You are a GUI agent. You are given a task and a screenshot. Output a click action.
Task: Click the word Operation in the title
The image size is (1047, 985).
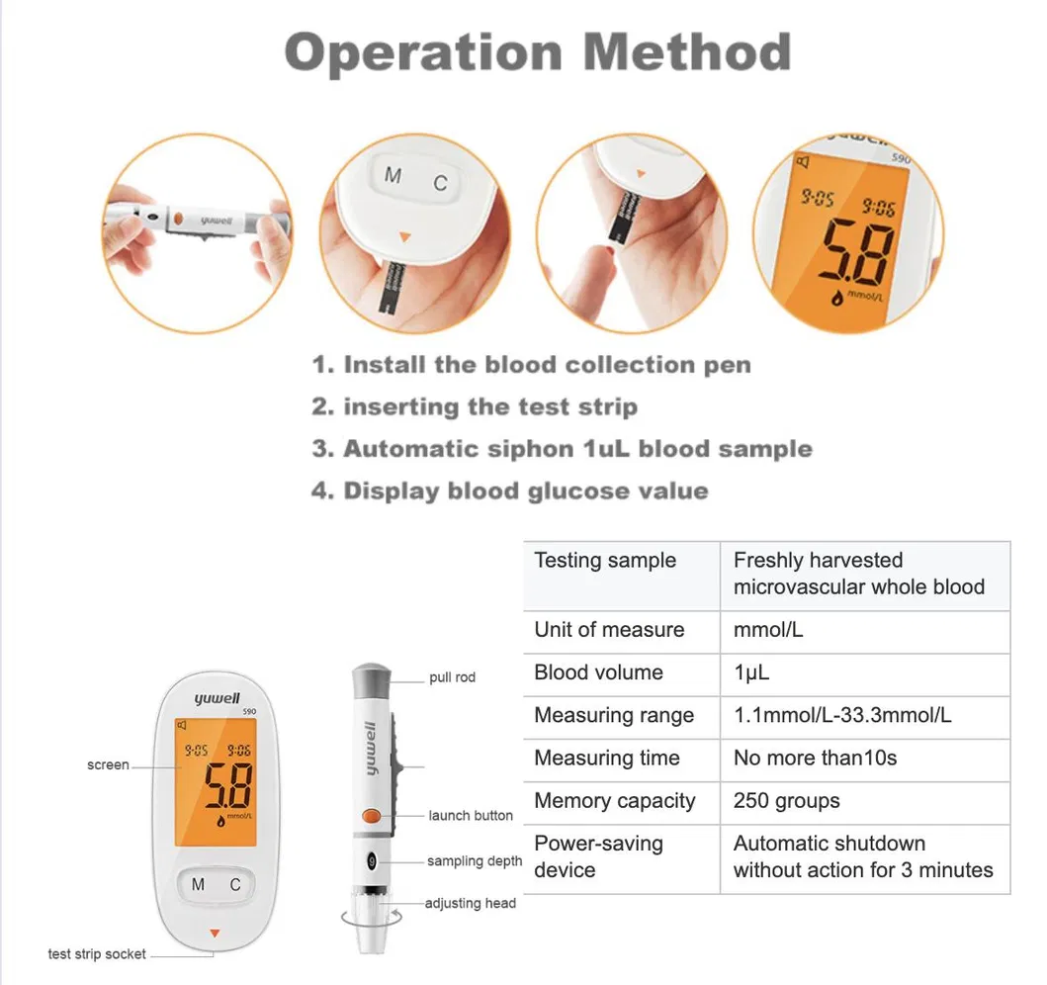(424, 52)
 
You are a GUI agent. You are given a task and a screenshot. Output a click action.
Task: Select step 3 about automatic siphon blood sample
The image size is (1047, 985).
(562, 449)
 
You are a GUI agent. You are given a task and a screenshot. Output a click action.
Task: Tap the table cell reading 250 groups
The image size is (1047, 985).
(786, 801)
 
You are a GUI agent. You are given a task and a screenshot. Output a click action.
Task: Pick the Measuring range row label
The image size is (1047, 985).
(614, 715)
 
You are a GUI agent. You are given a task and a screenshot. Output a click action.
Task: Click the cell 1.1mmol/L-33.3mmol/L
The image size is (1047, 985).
(842, 715)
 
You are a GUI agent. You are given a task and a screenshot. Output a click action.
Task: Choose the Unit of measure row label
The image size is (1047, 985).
(609, 630)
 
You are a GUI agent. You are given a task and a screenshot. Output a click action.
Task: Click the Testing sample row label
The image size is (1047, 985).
(605, 561)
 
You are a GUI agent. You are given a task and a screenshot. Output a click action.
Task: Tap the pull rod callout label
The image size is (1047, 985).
(452, 677)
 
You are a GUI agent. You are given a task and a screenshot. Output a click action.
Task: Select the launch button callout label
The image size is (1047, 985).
(471, 816)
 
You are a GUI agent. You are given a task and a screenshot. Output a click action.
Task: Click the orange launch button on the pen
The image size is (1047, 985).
(372, 816)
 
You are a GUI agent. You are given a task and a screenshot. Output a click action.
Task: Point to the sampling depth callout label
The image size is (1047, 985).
(475, 861)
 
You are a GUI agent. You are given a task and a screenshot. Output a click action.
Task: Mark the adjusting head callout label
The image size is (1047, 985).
(471, 903)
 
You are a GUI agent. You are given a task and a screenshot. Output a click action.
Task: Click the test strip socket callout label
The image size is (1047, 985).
(97, 954)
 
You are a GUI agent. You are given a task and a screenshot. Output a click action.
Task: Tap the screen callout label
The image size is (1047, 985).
(108, 764)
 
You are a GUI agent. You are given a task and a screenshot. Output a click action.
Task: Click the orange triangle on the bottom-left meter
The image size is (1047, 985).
(215, 933)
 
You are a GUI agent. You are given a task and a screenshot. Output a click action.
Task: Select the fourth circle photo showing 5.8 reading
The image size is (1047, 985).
(849, 232)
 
